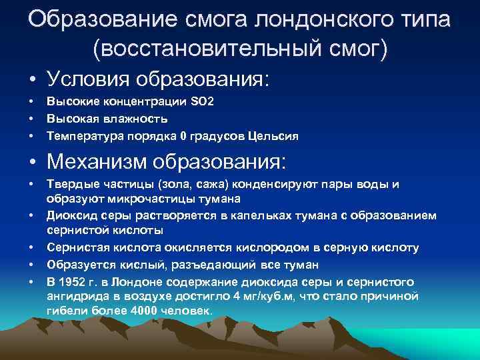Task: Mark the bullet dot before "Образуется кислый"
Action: (x=31, y=265)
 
